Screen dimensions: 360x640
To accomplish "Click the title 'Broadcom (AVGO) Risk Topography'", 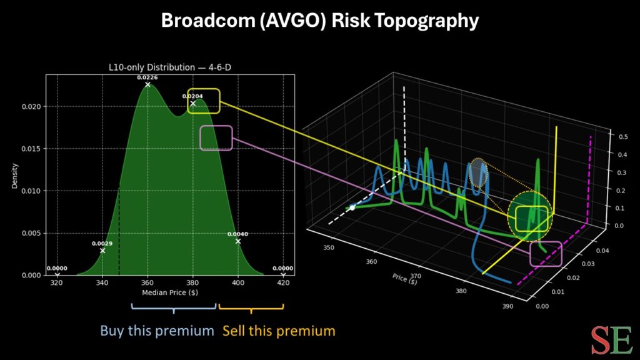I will [x=320, y=21].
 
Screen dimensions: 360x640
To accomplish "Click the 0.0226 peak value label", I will [x=147, y=77].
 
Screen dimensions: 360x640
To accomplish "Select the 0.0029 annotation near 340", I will [x=102, y=243].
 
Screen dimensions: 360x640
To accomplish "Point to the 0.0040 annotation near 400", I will [x=237, y=234].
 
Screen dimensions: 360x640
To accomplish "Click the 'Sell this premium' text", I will [x=279, y=330].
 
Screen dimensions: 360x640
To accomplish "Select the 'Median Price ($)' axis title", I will [x=169, y=292].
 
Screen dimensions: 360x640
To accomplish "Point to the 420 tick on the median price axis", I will [x=282, y=282].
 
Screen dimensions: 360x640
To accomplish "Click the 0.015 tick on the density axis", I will [x=36, y=149].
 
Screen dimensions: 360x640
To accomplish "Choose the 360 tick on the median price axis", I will [x=147, y=282].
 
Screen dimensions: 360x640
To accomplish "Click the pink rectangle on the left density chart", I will [x=216, y=137].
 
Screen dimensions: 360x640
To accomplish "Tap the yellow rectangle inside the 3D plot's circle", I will [x=532, y=218].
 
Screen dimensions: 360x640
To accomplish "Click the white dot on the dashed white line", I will [x=352, y=207].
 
